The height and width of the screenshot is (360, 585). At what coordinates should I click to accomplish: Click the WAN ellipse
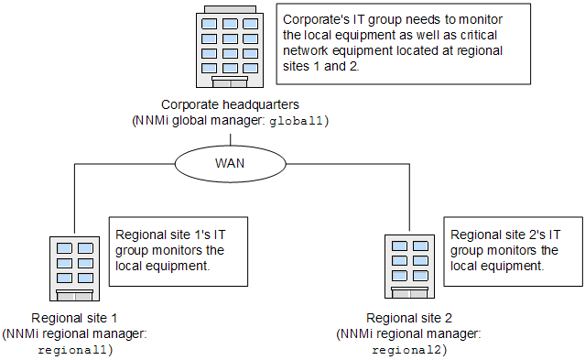pos(230,165)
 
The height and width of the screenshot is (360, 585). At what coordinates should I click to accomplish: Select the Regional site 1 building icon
pos(73,267)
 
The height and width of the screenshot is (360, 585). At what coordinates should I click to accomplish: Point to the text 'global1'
pos(298,120)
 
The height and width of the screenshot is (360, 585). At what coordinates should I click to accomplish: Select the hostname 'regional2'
pos(409,349)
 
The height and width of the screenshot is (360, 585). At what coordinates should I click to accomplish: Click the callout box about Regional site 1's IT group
pos(179,250)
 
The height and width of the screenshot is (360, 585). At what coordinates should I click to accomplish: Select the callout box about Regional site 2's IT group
pos(513,249)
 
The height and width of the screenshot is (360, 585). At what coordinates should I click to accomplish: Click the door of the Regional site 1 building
pos(73,295)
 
